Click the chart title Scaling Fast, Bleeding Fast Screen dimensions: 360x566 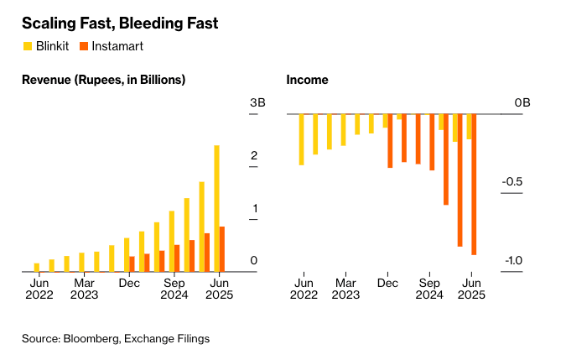[120, 23]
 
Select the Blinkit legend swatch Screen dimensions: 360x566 [27, 46]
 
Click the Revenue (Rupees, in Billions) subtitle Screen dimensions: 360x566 [104, 80]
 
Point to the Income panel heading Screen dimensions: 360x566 [308, 80]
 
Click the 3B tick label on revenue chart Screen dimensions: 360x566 [258, 103]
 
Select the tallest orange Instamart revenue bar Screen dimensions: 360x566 [222, 248]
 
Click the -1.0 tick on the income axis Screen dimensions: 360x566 [513, 261]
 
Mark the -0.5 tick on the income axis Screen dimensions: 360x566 [513, 182]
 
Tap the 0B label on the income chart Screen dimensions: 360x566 [522, 103]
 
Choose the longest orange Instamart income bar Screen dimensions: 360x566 [474, 184]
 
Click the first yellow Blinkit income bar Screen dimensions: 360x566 [301, 139]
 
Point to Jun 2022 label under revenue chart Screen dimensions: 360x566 [39, 290]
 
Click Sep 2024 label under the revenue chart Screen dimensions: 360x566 [174, 290]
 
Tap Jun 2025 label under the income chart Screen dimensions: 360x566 [470, 290]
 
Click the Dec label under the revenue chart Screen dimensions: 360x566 [129, 284]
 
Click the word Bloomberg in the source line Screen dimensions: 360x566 [89, 339]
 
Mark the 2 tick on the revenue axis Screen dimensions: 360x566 [253, 156]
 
